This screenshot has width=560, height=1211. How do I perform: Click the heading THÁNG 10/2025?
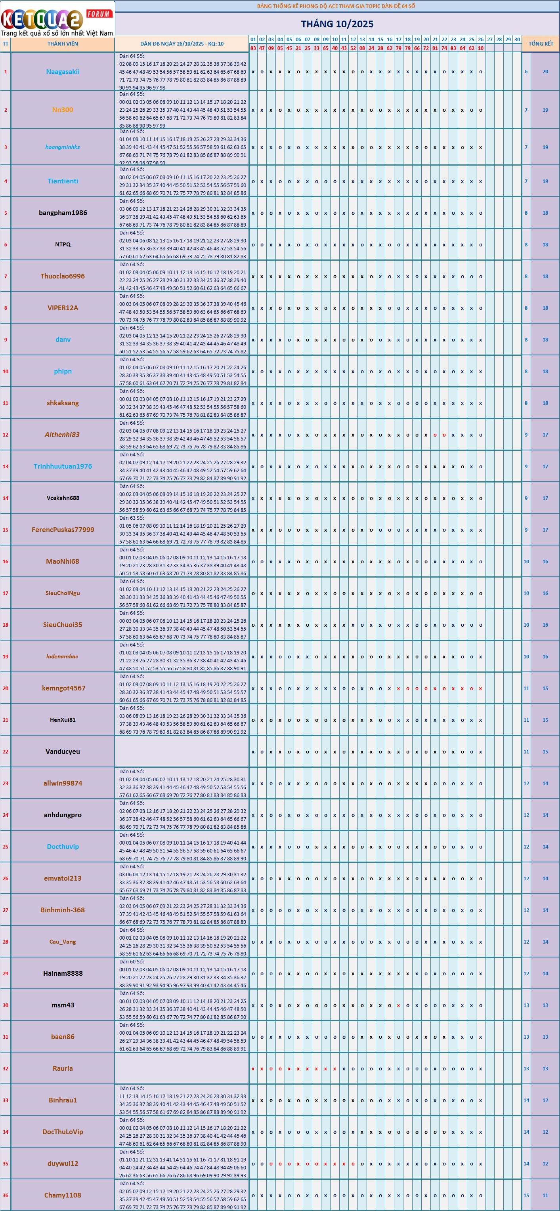(x=337, y=24)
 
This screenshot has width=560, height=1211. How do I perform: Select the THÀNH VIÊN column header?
(x=63, y=44)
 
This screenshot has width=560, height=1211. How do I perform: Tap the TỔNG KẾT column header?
(x=541, y=44)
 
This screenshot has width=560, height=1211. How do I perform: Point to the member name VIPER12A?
(x=63, y=308)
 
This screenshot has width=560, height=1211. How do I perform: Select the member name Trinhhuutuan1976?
(x=63, y=466)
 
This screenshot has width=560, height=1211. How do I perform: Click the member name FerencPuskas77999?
(x=63, y=530)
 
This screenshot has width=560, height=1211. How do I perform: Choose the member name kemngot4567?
(x=63, y=688)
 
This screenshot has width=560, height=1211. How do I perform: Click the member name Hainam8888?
(x=63, y=974)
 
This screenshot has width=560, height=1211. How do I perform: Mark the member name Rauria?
(x=63, y=1068)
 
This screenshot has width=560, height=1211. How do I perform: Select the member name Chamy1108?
(x=63, y=1195)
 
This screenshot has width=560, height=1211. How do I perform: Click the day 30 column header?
(x=517, y=40)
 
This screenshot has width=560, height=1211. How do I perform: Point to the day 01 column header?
(x=253, y=40)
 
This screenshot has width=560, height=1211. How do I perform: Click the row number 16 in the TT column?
(x=6, y=561)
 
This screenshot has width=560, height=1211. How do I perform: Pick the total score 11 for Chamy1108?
(x=545, y=1195)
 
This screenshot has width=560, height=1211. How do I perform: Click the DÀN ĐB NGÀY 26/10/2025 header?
(x=182, y=44)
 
